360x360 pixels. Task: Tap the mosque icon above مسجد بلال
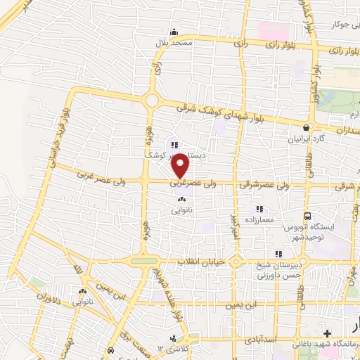tap(174, 32)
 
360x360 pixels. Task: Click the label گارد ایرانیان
tap(305, 139)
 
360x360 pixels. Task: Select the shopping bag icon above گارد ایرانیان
tap(305, 127)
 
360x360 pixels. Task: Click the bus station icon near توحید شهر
tap(307, 217)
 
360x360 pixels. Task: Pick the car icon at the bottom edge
tap(110, 350)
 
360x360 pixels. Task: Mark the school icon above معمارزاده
tap(259, 209)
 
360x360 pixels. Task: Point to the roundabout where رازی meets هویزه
tap(151, 101)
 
